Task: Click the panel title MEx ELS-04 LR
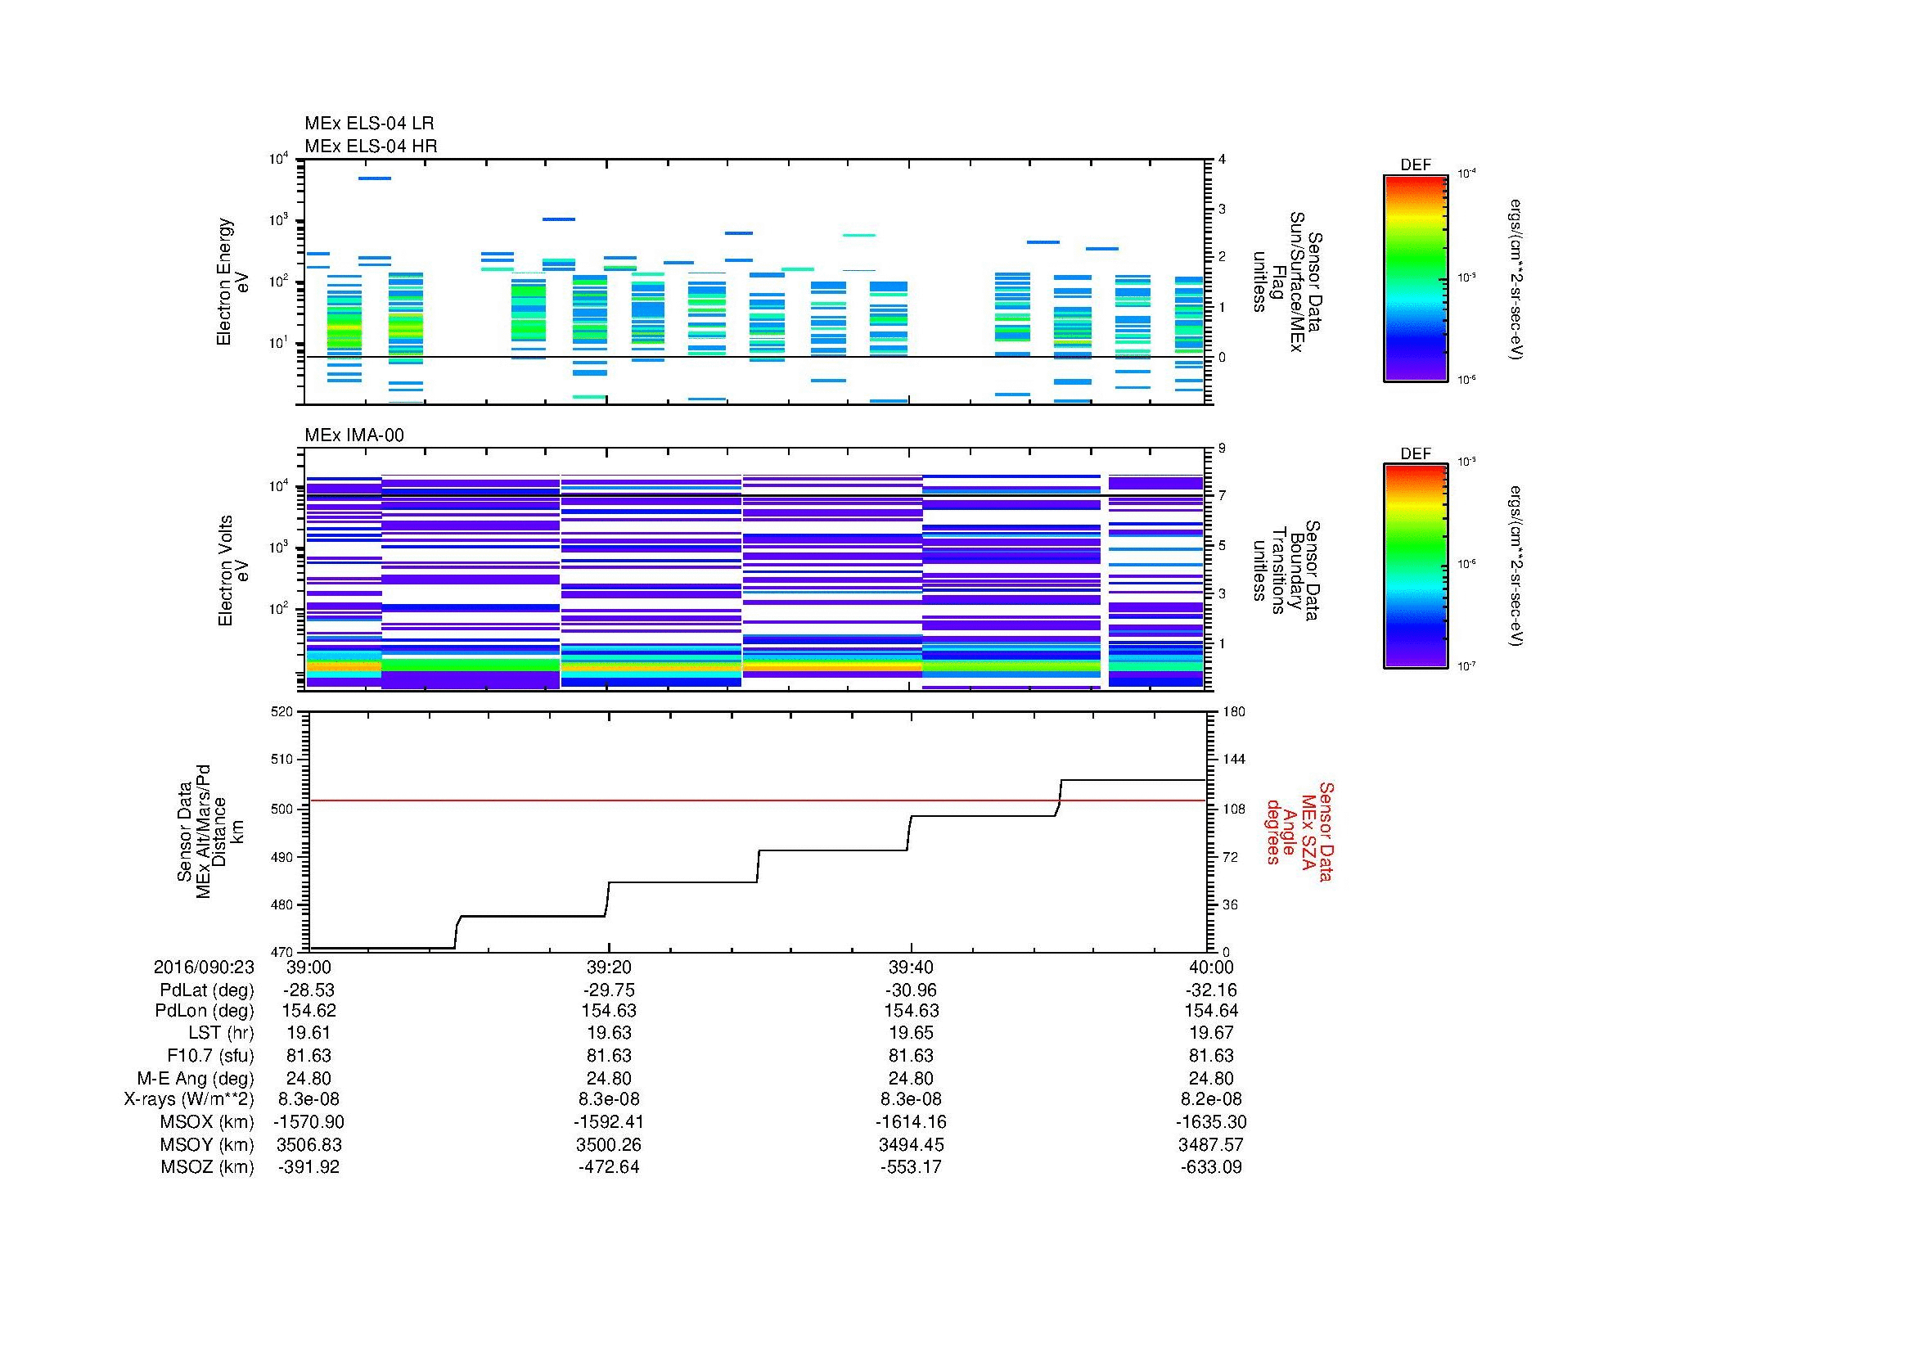[x=369, y=124]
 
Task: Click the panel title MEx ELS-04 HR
[x=371, y=146]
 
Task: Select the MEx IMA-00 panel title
[x=354, y=435]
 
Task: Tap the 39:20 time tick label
[x=609, y=967]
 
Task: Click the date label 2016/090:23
[x=204, y=967]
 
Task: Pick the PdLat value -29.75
[x=609, y=990]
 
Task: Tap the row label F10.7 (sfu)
[x=210, y=1055]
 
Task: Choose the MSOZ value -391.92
[x=308, y=1167]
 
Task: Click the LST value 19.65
[x=910, y=1033]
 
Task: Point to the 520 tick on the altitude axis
[x=282, y=712]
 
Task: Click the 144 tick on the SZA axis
[x=1232, y=760]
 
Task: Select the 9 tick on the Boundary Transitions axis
[x=1222, y=449]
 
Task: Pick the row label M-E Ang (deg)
[x=195, y=1078]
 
